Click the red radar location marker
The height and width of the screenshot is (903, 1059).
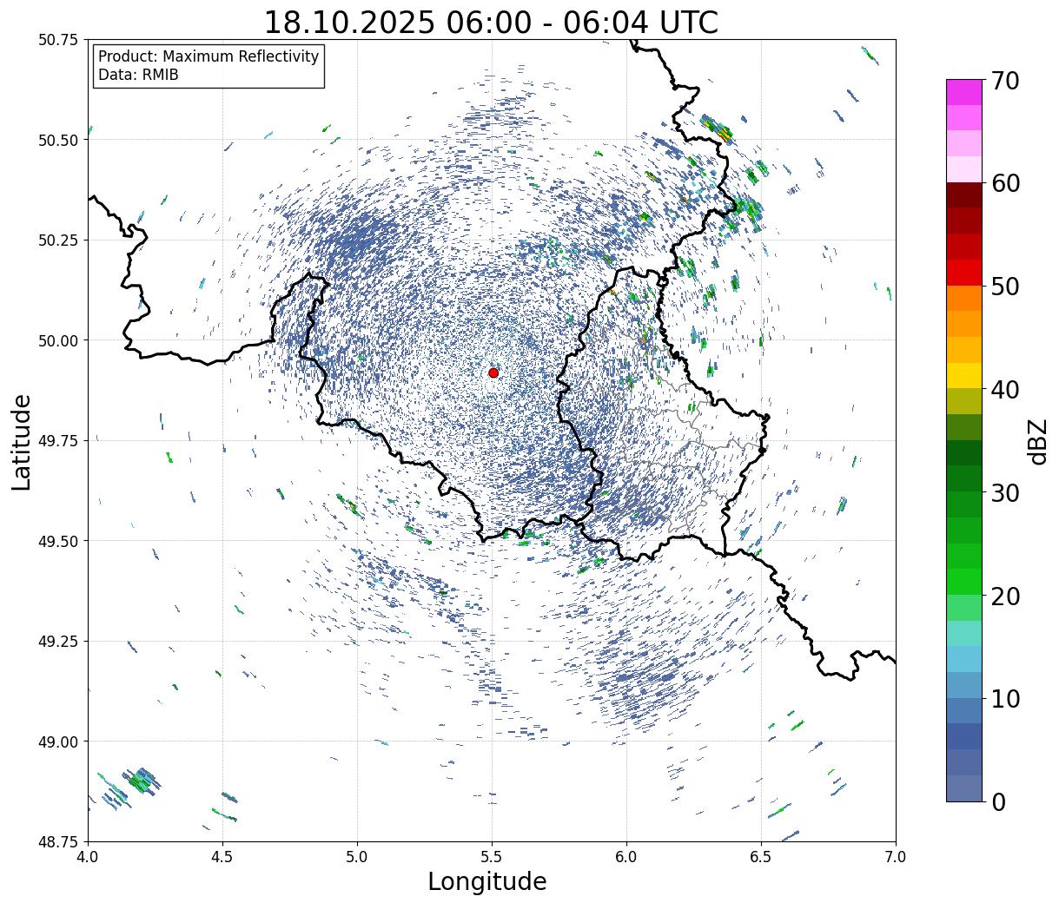[x=493, y=372]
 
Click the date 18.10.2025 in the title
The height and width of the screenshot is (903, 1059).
[x=348, y=23]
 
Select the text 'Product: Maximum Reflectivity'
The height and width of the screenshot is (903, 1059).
[x=208, y=56]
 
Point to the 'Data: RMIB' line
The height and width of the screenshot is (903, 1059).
[x=138, y=75]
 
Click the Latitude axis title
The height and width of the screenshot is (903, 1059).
[x=22, y=441]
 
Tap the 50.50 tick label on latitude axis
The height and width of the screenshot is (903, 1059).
[x=59, y=140]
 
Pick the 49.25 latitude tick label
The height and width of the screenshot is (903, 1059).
[x=59, y=641]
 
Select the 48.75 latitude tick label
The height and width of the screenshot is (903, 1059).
[x=59, y=841]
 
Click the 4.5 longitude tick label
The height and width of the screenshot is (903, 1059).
[x=222, y=857]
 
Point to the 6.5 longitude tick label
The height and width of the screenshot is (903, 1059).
[x=761, y=857]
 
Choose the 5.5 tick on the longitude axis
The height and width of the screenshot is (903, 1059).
[x=492, y=857]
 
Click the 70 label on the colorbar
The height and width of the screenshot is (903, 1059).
[x=1005, y=81]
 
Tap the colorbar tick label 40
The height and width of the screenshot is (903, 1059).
[x=1005, y=390]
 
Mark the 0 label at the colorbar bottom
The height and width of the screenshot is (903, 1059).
[x=998, y=802]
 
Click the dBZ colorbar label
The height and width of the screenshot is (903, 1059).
[x=1037, y=441]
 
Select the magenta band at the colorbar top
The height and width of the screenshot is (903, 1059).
[x=963, y=92]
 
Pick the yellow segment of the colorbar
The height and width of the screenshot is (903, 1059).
[x=963, y=375]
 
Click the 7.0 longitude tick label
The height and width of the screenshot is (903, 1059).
[x=896, y=857]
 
